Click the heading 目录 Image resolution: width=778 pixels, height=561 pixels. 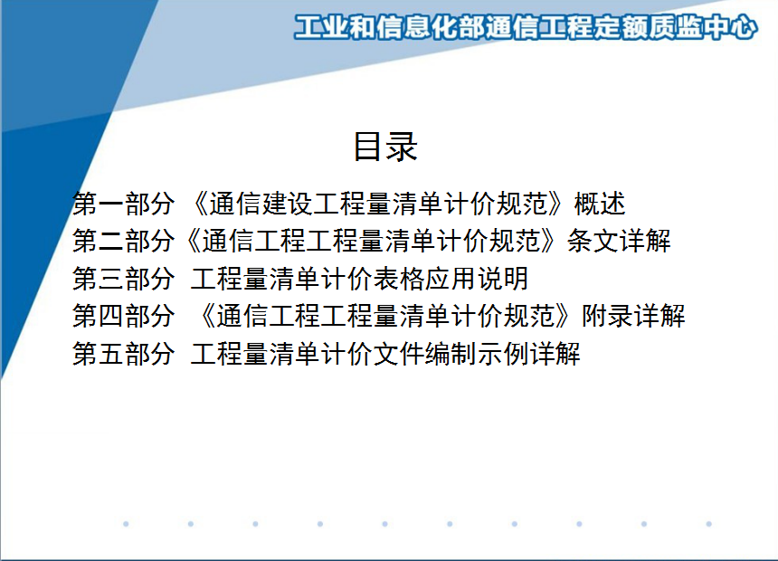point(385,147)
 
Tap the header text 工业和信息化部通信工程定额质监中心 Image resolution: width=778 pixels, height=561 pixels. point(526,27)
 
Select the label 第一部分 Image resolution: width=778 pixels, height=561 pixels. point(124,204)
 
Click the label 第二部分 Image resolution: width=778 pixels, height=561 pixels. point(124,242)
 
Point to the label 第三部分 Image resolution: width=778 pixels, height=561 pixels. point(124,279)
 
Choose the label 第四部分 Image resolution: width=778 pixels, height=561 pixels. point(124,316)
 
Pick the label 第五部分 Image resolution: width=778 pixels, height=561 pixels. point(124,354)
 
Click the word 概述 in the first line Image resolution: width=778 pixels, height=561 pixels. point(600,204)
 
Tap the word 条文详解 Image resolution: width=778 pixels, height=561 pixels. point(619,242)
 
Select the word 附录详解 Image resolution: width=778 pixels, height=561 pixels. point(633,316)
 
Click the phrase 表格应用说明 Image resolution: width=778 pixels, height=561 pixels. point(451,279)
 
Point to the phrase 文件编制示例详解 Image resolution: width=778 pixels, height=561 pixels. point(477,354)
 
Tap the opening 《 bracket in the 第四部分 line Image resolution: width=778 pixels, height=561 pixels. point(206,316)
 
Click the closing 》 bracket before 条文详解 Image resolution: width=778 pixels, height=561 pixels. point(548,242)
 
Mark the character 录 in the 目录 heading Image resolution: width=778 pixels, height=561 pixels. point(402,147)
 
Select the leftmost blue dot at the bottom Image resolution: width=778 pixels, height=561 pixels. point(126,524)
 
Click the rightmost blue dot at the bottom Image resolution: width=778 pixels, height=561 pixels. point(709,524)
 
